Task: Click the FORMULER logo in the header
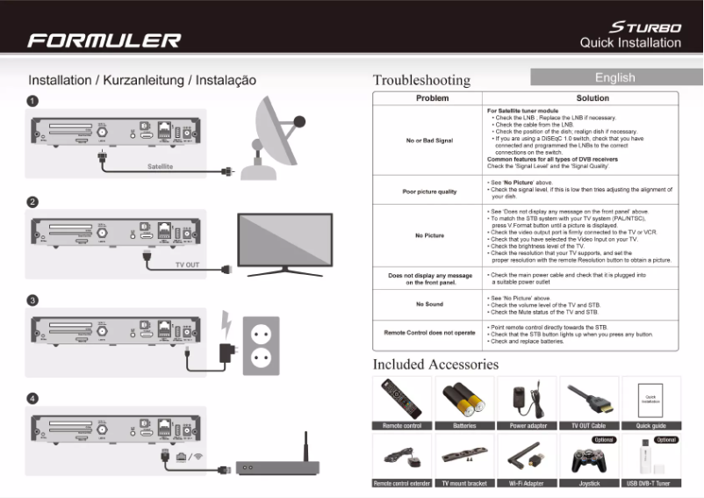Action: pos(104,40)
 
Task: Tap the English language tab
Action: pos(614,77)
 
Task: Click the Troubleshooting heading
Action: pos(421,80)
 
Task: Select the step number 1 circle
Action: pos(32,101)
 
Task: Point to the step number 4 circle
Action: pos(32,399)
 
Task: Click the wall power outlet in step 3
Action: pos(261,342)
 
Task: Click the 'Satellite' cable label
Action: pos(160,165)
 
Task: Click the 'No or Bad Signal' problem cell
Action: pos(429,141)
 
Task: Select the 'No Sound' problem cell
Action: pos(429,305)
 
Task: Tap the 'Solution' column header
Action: pos(593,98)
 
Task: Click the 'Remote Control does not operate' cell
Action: pos(429,333)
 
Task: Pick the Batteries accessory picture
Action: pos(464,399)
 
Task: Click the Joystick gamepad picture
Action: pos(589,457)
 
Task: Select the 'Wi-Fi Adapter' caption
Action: pos(527,483)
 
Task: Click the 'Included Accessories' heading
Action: pos(435,364)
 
